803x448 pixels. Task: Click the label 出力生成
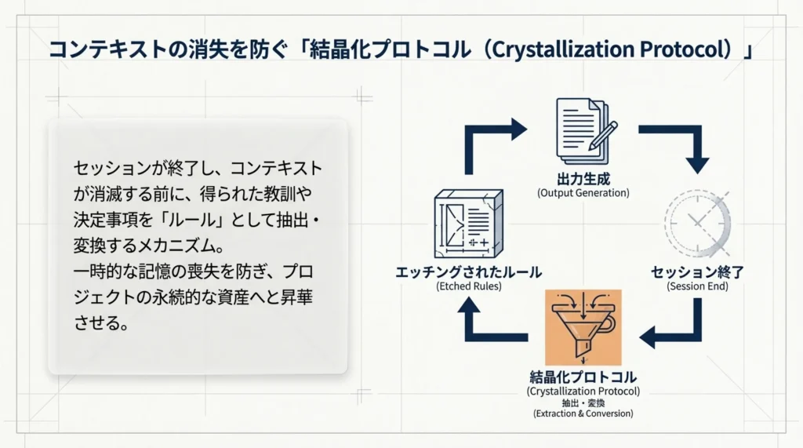tap(583, 177)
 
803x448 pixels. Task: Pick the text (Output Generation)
tap(583, 192)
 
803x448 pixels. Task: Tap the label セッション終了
tap(697, 272)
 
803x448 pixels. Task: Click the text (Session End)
tap(697, 286)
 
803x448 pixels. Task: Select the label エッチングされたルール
tap(469, 272)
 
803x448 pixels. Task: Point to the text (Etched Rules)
tap(469, 286)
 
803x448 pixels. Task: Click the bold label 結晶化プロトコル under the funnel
tap(583, 377)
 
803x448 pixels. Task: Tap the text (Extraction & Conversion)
tap(583, 413)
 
